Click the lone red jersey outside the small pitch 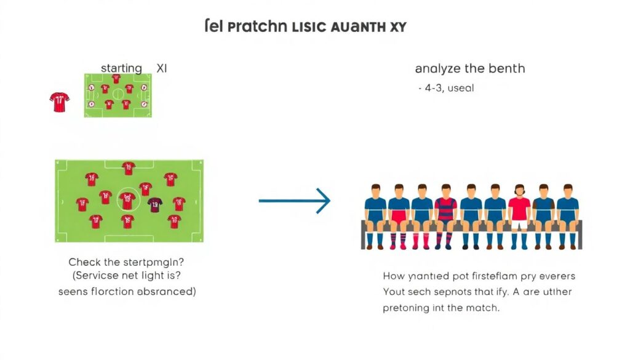60,102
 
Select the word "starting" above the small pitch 121,68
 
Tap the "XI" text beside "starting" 161,68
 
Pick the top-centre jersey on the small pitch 116,79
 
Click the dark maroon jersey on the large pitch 154,203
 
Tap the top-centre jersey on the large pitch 128,168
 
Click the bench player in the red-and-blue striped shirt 445,212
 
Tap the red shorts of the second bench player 399,217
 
